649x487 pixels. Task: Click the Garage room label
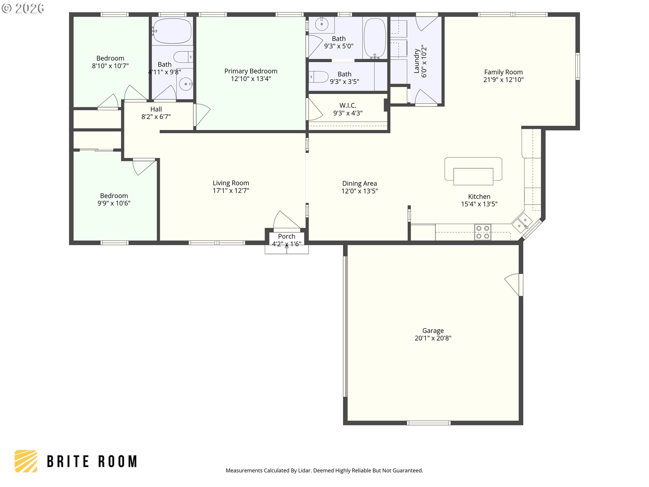(433, 330)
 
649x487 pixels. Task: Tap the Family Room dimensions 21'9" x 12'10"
(503, 79)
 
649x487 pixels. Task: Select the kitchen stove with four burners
(483, 232)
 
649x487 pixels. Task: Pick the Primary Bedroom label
(251, 71)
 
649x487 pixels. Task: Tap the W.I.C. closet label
(348, 106)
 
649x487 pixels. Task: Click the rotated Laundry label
(416, 61)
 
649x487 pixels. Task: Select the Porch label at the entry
(287, 236)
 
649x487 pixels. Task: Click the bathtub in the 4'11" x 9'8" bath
(172, 31)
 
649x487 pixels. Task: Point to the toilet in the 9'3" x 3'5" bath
(318, 77)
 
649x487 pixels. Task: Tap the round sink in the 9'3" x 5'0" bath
(321, 24)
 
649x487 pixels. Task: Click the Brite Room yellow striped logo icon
(26, 461)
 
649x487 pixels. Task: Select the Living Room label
(231, 183)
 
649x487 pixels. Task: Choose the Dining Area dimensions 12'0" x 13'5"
(360, 191)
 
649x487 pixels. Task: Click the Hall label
(156, 109)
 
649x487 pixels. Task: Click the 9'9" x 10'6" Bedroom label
(114, 196)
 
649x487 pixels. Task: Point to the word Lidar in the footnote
(304, 470)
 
